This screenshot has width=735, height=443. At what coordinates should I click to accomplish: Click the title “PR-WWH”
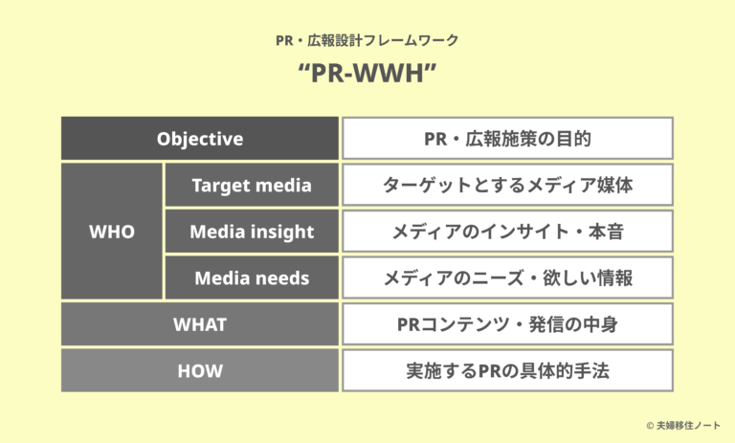pyautogui.click(x=367, y=76)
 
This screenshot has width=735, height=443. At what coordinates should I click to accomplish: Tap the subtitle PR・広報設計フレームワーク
pyautogui.click(x=367, y=40)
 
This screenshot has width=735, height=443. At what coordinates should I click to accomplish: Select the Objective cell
pyautogui.click(x=200, y=139)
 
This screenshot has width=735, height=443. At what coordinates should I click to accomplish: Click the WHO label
pyautogui.click(x=112, y=232)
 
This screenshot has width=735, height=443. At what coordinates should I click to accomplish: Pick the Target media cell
pyautogui.click(x=252, y=186)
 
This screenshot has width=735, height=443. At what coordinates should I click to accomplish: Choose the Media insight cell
pyautogui.click(x=252, y=232)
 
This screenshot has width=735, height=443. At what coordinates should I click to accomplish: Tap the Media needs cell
pyautogui.click(x=252, y=277)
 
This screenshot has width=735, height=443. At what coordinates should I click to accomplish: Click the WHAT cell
pyautogui.click(x=200, y=324)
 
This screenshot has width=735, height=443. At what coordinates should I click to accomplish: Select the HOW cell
pyautogui.click(x=200, y=370)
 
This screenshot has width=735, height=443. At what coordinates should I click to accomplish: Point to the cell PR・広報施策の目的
pyautogui.click(x=507, y=139)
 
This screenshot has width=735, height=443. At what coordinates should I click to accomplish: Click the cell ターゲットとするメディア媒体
pyautogui.click(x=507, y=186)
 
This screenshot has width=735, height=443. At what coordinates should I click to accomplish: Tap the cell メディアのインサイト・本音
pyautogui.click(x=507, y=232)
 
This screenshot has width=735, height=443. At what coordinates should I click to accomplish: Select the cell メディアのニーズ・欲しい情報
pyautogui.click(x=507, y=277)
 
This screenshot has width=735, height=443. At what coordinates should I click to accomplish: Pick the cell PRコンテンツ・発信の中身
pyautogui.click(x=507, y=324)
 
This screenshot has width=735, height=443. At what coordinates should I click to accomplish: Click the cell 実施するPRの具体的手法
pyautogui.click(x=507, y=370)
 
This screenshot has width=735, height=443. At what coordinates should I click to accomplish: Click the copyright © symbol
pyautogui.click(x=650, y=424)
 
